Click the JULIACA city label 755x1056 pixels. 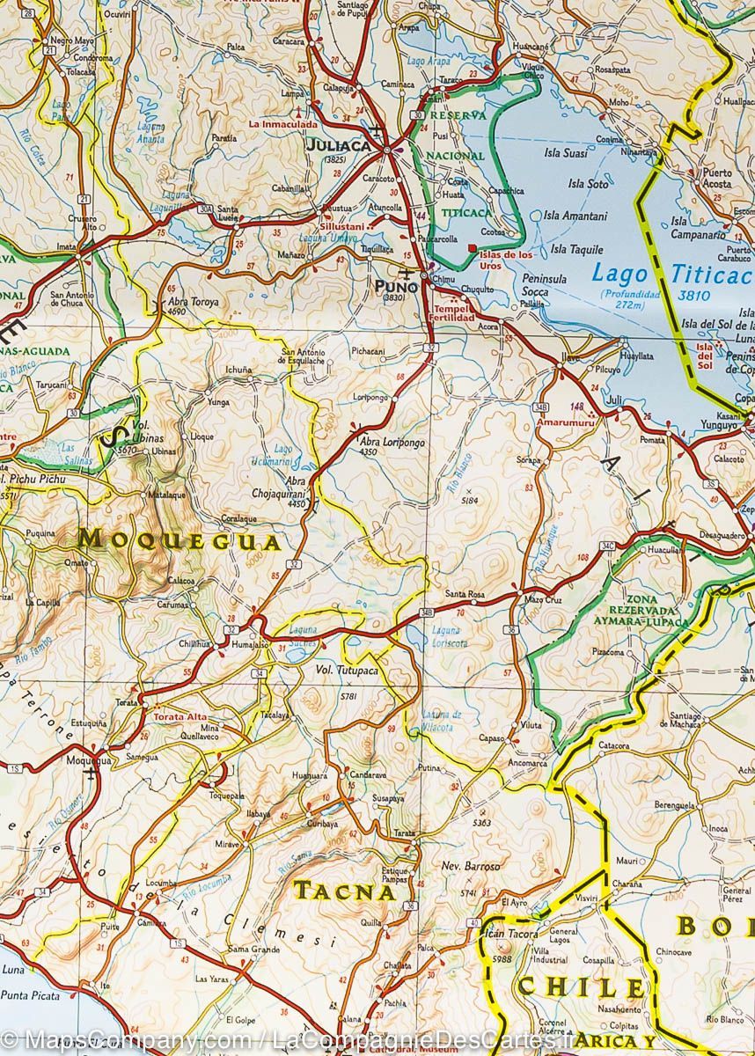337,146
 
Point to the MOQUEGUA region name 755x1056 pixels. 180,539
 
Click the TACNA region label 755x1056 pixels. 344,891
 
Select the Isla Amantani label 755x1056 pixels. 575,216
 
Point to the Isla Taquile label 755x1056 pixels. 576,249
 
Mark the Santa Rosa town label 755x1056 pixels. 465,595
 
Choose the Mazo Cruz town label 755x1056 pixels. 542,599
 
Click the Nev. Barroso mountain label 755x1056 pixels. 471,866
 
